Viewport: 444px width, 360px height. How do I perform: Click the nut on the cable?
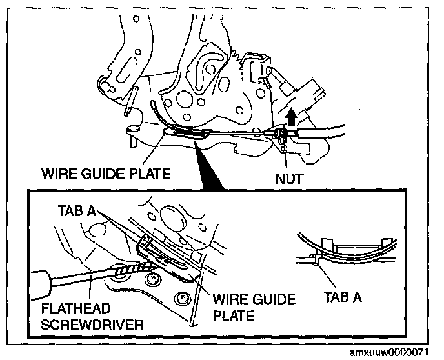[282, 136]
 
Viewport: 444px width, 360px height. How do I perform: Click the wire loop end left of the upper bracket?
[153, 106]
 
